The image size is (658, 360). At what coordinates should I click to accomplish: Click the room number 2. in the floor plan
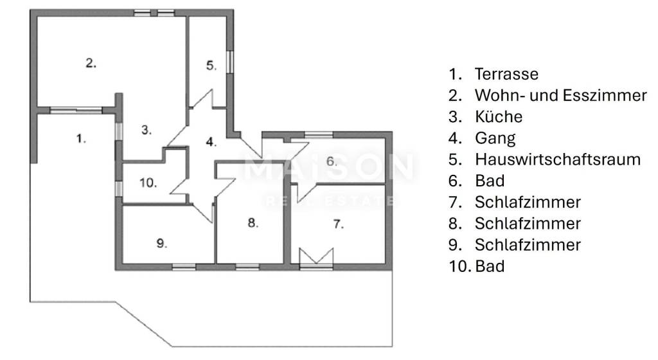point(91,63)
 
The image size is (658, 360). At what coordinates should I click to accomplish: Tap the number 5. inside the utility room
point(211,66)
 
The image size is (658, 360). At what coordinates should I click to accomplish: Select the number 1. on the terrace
point(81,138)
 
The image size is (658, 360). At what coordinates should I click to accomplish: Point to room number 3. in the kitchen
point(146,130)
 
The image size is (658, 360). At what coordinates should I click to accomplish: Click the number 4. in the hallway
point(211,142)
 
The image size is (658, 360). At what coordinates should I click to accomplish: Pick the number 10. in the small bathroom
point(148,183)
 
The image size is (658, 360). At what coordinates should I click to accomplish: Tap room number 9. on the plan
point(161,243)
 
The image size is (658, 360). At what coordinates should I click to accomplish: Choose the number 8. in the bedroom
point(253,222)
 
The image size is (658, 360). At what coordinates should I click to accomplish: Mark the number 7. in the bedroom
point(338,224)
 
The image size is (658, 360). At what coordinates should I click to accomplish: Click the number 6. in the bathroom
point(332,161)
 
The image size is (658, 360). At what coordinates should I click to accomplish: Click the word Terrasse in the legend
point(506,74)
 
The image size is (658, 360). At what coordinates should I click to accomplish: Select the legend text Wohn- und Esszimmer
point(560,95)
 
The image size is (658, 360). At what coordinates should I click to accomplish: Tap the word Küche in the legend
point(499,116)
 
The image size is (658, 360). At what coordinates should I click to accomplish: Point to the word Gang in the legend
point(495,138)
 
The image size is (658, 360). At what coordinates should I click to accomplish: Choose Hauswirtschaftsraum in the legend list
point(558,159)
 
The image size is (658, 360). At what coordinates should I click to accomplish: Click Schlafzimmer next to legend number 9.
point(528,245)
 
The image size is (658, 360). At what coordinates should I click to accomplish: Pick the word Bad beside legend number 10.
point(490,266)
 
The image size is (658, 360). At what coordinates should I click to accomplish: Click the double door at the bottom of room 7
point(316,258)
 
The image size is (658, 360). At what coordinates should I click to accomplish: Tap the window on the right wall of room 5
point(229,62)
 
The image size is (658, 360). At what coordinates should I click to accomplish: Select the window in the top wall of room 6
point(319,135)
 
